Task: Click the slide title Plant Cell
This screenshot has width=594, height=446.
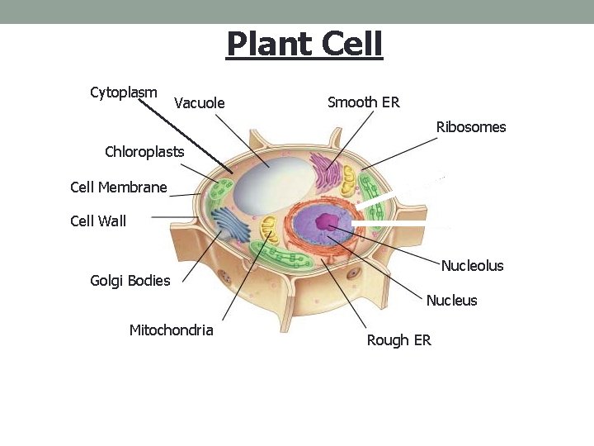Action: pos(304,45)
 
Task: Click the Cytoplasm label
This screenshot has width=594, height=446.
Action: pos(123,92)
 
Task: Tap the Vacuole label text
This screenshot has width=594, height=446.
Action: pos(200,103)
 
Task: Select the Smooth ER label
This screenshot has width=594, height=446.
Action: pos(363,102)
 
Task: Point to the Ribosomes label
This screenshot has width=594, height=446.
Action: pos(471,127)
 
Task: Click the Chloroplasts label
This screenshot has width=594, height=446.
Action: pos(144,152)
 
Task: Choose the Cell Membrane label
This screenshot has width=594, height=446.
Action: pos(119,187)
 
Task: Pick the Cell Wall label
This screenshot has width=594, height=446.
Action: pos(98,221)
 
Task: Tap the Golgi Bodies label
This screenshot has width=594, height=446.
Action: pos(130,281)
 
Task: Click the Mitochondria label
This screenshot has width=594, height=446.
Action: pos(171,330)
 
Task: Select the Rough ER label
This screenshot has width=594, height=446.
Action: pos(398,340)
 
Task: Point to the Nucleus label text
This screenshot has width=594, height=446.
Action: pos(451,301)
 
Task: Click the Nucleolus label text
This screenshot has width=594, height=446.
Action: pos(472,266)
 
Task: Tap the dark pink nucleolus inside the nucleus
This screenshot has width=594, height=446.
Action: pos(330,221)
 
